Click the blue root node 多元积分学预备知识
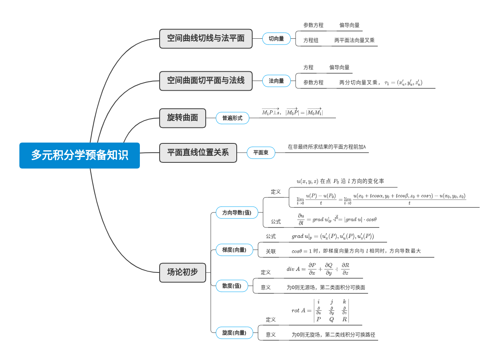(x=79, y=155)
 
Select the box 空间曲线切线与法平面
(x=206, y=38)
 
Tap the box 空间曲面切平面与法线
(x=206, y=81)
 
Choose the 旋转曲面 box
(x=182, y=118)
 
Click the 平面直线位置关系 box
(x=198, y=153)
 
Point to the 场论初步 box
(x=182, y=272)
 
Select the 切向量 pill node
(x=276, y=39)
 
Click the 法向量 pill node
(x=276, y=81)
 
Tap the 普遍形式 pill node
(x=232, y=118)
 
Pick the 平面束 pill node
(x=261, y=153)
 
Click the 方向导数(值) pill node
(x=237, y=213)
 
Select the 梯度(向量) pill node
(x=234, y=250)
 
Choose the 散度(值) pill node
(x=232, y=286)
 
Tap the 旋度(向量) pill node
(x=234, y=333)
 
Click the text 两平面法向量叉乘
(x=354, y=40)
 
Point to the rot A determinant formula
(x=320, y=310)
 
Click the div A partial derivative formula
(x=318, y=269)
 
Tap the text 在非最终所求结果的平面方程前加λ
(x=327, y=147)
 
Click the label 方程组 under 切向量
(x=311, y=40)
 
